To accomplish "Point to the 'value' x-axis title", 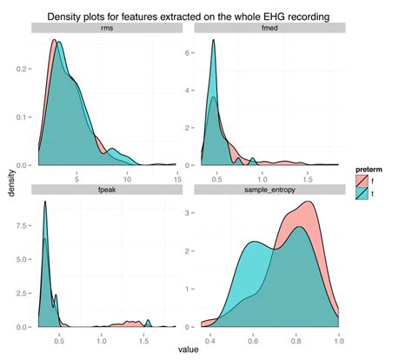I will tap(185, 349).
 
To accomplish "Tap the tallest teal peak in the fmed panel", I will tap(214, 39).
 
